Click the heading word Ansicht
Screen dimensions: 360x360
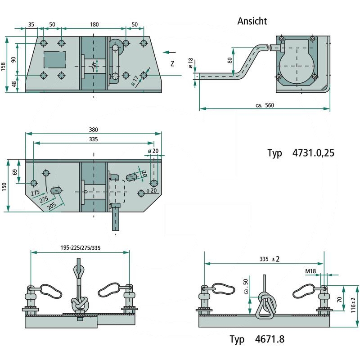pyautogui.click(x=252, y=21)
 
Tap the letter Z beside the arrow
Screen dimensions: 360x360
pyautogui.click(x=172, y=64)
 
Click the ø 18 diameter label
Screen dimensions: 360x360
pyautogui.click(x=191, y=63)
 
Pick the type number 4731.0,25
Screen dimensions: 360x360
pyautogui.click(x=313, y=153)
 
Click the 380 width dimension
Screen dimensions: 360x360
pyautogui.click(x=93, y=129)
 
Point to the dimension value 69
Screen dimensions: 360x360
pyautogui.click(x=14, y=171)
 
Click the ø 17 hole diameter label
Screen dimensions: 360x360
pyautogui.click(x=135, y=81)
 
